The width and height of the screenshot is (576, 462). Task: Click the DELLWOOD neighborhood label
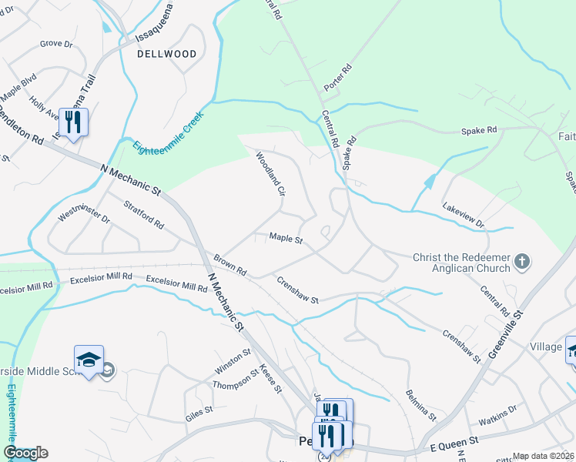[166, 54]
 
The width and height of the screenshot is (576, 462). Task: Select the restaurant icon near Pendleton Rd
[73, 122]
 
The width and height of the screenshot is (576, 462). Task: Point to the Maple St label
[286, 239]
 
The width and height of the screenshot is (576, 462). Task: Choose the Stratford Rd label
[144, 216]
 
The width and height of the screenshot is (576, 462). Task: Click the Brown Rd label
[229, 266]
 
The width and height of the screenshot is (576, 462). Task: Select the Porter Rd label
[337, 78]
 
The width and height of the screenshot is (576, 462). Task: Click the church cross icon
[522, 262]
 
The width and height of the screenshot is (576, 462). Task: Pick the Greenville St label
[505, 335]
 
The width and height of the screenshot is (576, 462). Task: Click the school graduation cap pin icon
[89, 360]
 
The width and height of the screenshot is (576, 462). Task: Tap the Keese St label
[270, 378]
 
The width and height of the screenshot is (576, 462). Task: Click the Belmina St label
[421, 405]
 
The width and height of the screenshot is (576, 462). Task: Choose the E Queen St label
[454, 441]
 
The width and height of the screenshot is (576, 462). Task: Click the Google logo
[25, 453]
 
